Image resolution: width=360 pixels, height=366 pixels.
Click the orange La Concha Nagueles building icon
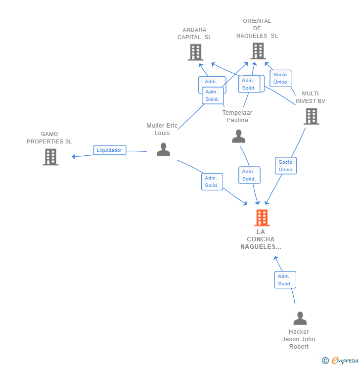point(262,218)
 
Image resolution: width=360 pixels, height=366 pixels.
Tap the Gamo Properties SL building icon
point(50,157)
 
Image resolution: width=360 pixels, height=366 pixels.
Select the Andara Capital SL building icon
point(195,52)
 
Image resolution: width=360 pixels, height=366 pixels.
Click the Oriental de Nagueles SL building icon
point(258,50)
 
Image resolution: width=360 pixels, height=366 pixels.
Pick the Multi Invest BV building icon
point(311,116)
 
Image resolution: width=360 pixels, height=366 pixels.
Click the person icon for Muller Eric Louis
point(163,149)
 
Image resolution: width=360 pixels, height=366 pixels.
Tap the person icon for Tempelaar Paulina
point(239,137)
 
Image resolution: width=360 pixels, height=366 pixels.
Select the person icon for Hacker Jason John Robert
point(300,319)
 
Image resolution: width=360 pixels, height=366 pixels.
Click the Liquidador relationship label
point(109,150)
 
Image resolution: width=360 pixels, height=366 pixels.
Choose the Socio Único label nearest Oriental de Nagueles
point(280,78)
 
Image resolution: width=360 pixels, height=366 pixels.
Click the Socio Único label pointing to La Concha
point(285,166)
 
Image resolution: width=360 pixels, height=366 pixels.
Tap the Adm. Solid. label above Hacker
point(285,280)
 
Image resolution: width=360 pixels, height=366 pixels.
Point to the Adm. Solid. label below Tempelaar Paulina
point(249,175)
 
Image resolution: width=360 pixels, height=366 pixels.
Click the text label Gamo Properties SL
point(49,138)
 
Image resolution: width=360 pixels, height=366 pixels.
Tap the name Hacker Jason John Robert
point(299,339)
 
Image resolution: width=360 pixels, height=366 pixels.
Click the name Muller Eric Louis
point(162,129)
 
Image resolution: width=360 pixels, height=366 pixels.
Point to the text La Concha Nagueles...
point(261,239)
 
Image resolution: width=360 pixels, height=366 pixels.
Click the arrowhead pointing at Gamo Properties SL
point(74,157)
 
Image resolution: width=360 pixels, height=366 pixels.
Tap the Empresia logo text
point(345,361)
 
